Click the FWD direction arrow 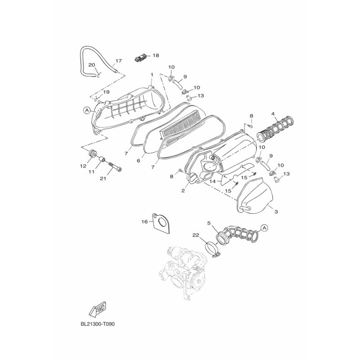point(97,309)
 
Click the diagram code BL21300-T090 point(98,324)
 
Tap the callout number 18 point(156,55)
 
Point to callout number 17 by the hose point(119,61)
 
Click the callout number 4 point(273,114)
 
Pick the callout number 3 point(276,211)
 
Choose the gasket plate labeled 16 point(162,223)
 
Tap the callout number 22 point(196,235)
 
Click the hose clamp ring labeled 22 point(212,250)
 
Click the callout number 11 point(92,171)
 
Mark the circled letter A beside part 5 point(264,228)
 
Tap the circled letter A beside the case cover point(87,110)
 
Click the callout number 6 point(139,161)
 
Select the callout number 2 point(183,190)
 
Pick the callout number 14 point(213,181)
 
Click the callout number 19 point(106,92)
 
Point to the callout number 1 point(152,75)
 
